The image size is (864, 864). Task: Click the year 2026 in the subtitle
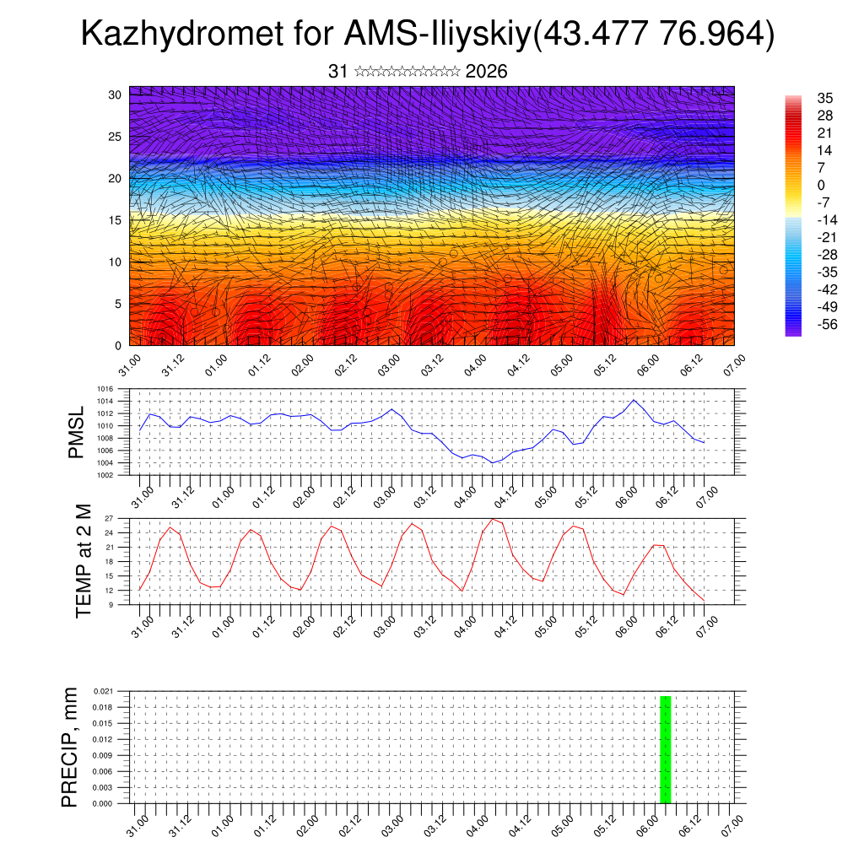point(486,72)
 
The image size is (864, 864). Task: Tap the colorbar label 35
point(825,98)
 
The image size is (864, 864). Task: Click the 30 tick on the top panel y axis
point(115,94)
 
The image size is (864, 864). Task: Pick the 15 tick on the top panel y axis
point(115,220)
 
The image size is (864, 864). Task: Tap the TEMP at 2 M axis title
point(83,561)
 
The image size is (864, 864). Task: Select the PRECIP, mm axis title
point(70,747)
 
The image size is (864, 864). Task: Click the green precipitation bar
point(665,749)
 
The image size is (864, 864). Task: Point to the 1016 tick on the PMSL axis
point(105,390)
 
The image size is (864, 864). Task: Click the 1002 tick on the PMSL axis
point(105,475)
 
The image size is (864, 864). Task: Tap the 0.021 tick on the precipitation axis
point(103,691)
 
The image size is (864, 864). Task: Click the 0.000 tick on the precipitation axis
point(103,804)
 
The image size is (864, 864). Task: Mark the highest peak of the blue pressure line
point(634,400)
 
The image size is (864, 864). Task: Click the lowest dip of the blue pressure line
point(492,462)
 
